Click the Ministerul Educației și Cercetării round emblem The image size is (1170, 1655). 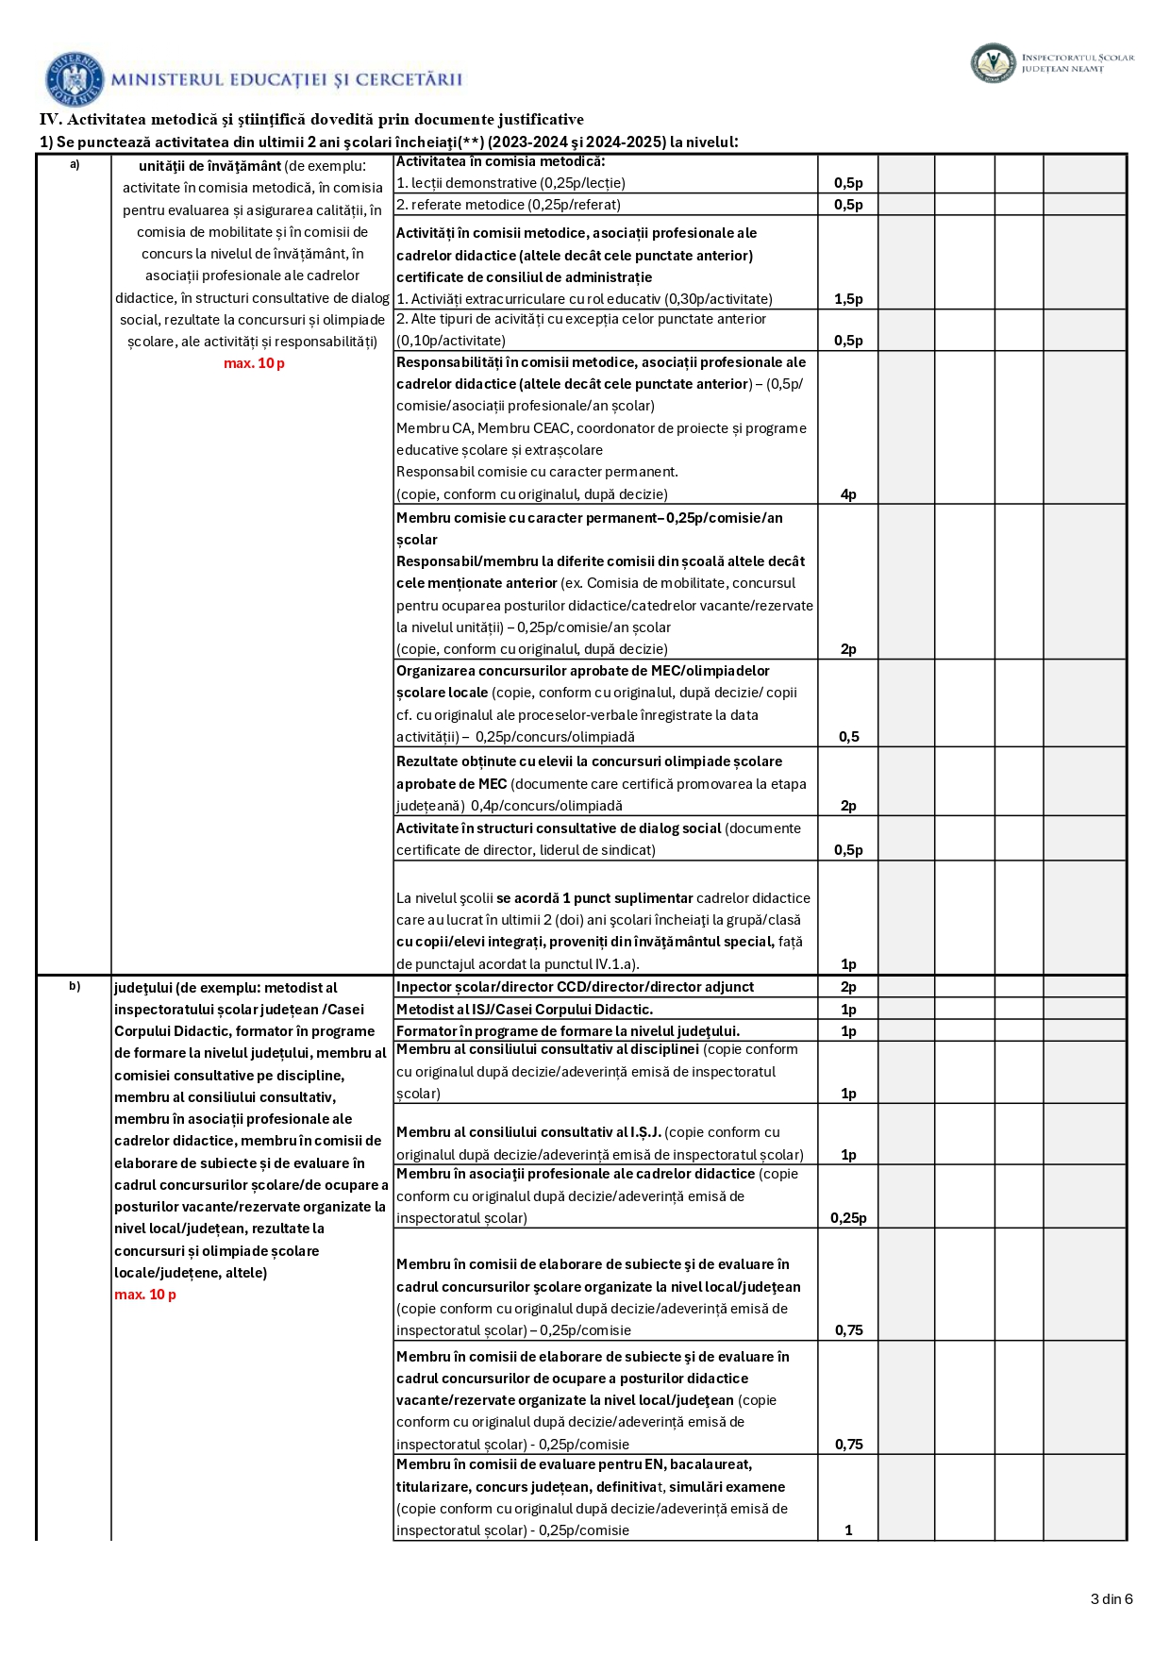[x=75, y=79]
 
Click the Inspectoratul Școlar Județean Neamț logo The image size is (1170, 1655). [x=993, y=63]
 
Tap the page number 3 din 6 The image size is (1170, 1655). [x=1111, y=1598]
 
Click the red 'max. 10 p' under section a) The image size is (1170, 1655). [x=254, y=363]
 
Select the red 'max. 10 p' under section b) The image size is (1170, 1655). [x=145, y=1295]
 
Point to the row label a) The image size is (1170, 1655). [x=75, y=165]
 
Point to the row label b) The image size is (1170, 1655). [x=75, y=987]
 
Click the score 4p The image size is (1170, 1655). [x=848, y=494]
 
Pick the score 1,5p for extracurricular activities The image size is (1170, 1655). [x=848, y=299]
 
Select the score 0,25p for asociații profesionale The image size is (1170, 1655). [x=848, y=1218]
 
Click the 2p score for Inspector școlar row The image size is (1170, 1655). [x=848, y=987]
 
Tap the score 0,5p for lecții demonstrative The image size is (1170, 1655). [x=848, y=183]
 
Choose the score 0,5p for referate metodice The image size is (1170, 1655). [x=848, y=205]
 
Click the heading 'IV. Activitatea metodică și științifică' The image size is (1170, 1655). [x=311, y=120]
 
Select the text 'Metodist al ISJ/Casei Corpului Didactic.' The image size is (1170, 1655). [x=525, y=1010]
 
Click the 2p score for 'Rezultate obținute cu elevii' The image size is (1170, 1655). [x=848, y=806]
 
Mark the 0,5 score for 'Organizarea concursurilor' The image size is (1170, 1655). [x=848, y=737]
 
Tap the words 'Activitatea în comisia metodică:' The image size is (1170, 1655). [x=501, y=161]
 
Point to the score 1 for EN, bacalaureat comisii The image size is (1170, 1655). [x=848, y=1530]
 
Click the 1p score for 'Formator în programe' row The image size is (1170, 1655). [x=848, y=1031]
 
